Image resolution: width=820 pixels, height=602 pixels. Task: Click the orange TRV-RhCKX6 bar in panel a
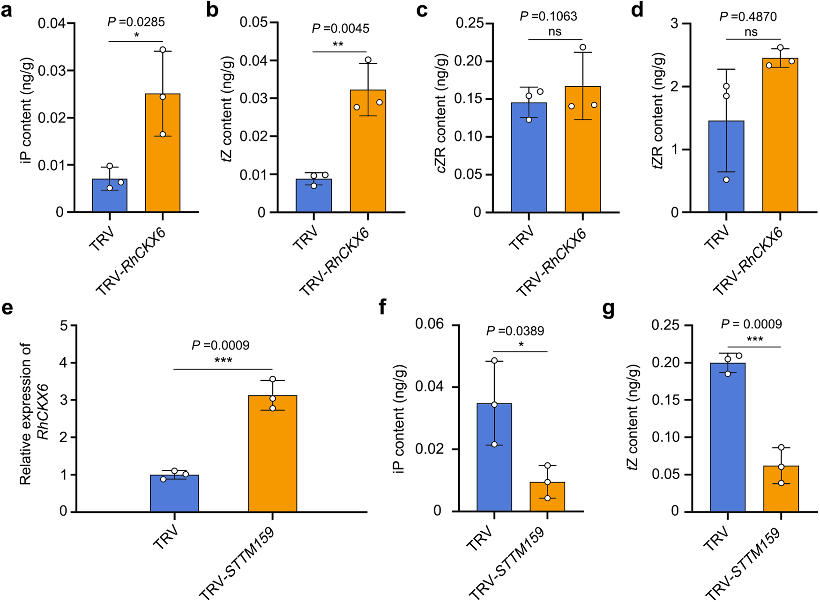click(x=163, y=155)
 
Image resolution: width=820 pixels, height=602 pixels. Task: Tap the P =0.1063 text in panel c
click(x=548, y=17)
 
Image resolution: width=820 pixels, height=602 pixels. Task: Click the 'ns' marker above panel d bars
click(x=751, y=32)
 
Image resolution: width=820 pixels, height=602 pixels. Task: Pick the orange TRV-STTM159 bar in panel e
click(x=272, y=454)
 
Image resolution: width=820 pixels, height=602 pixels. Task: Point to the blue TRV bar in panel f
click(x=494, y=459)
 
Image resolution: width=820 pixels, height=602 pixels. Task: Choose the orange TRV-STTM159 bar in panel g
click(x=781, y=490)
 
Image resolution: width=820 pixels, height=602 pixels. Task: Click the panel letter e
click(x=7, y=308)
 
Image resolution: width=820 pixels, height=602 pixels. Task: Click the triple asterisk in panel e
click(x=223, y=361)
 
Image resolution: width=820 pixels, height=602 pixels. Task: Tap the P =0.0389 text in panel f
click(x=515, y=331)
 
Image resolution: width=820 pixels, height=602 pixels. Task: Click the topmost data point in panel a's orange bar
click(x=163, y=50)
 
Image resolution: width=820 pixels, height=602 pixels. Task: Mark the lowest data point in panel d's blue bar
click(x=726, y=179)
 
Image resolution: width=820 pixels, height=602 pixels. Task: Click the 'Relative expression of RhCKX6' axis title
click(x=33, y=412)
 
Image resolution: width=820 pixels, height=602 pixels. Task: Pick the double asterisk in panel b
click(x=338, y=45)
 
